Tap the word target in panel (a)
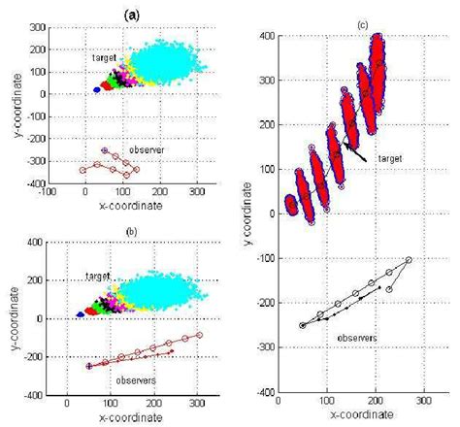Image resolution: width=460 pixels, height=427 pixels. pyautogui.click(x=103, y=59)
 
